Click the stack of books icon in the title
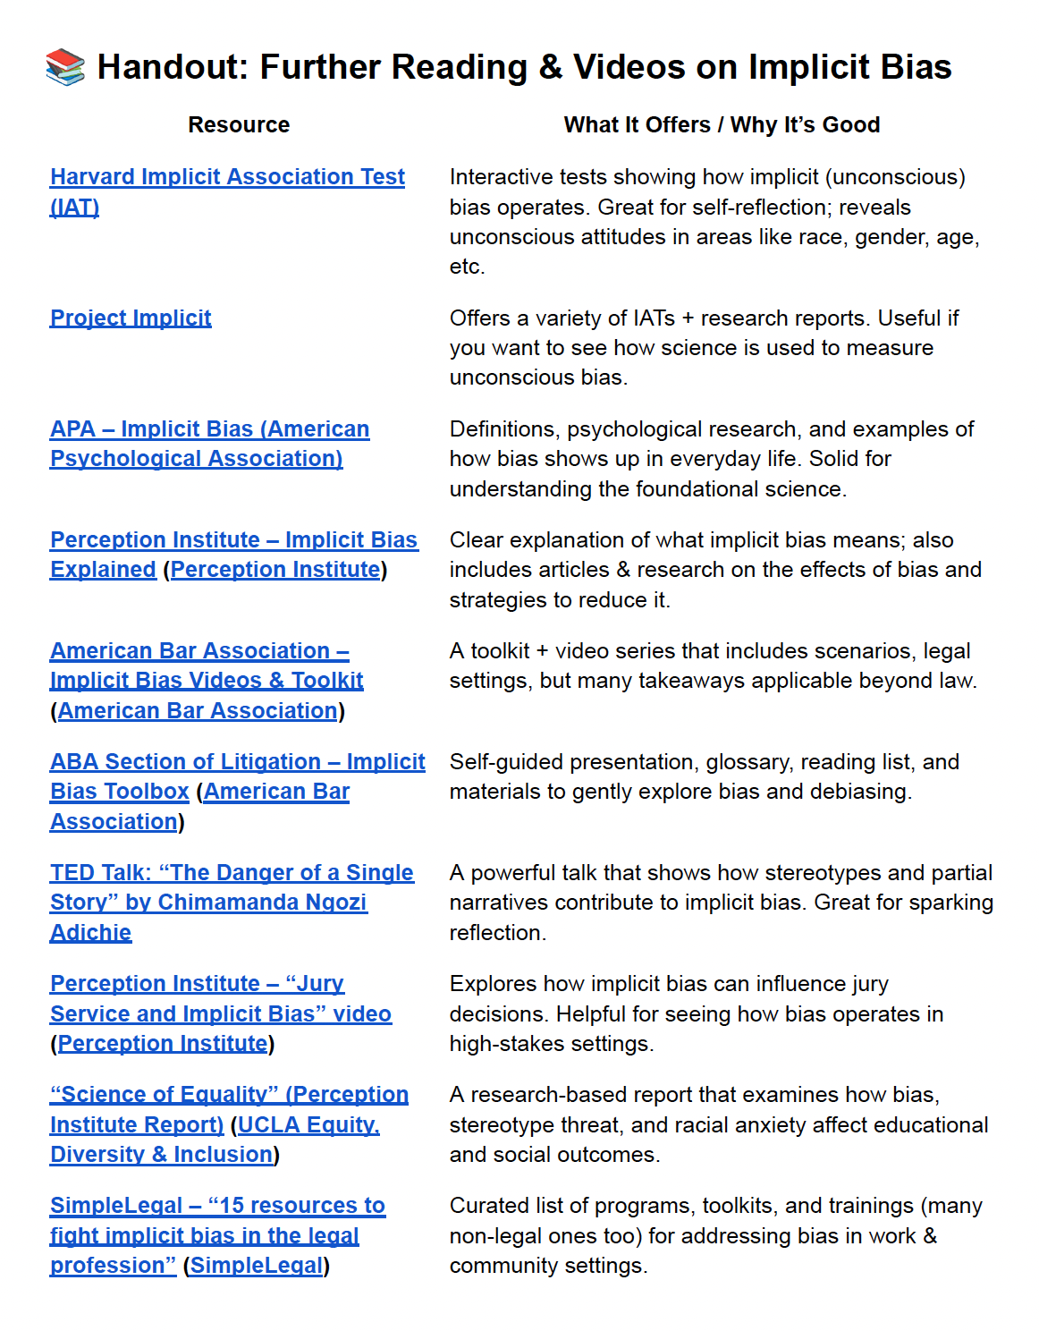(65, 67)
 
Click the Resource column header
(239, 125)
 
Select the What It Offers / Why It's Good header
(722, 125)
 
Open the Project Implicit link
(131, 318)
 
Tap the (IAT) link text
(74, 208)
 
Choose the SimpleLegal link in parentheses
(257, 1266)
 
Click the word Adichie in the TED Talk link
(90, 933)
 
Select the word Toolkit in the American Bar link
(327, 681)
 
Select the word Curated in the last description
(488, 1206)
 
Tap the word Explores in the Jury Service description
(493, 984)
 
